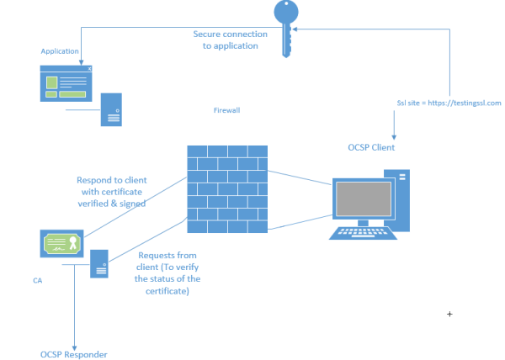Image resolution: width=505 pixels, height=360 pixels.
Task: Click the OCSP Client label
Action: tap(371, 147)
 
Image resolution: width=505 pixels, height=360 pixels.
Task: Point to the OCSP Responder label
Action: tap(73, 354)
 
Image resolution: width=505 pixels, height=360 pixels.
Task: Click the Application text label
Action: tap(61, 51)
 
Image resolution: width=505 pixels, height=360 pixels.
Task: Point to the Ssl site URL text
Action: tap(449, 103)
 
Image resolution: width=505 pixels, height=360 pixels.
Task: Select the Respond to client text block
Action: tap(112, 191)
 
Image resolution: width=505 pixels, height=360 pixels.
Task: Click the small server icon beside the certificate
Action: tap(99, 263)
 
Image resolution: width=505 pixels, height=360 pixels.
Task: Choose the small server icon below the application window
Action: tap(113, 109)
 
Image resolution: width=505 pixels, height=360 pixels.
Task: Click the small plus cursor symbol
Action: tap(449, 314)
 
